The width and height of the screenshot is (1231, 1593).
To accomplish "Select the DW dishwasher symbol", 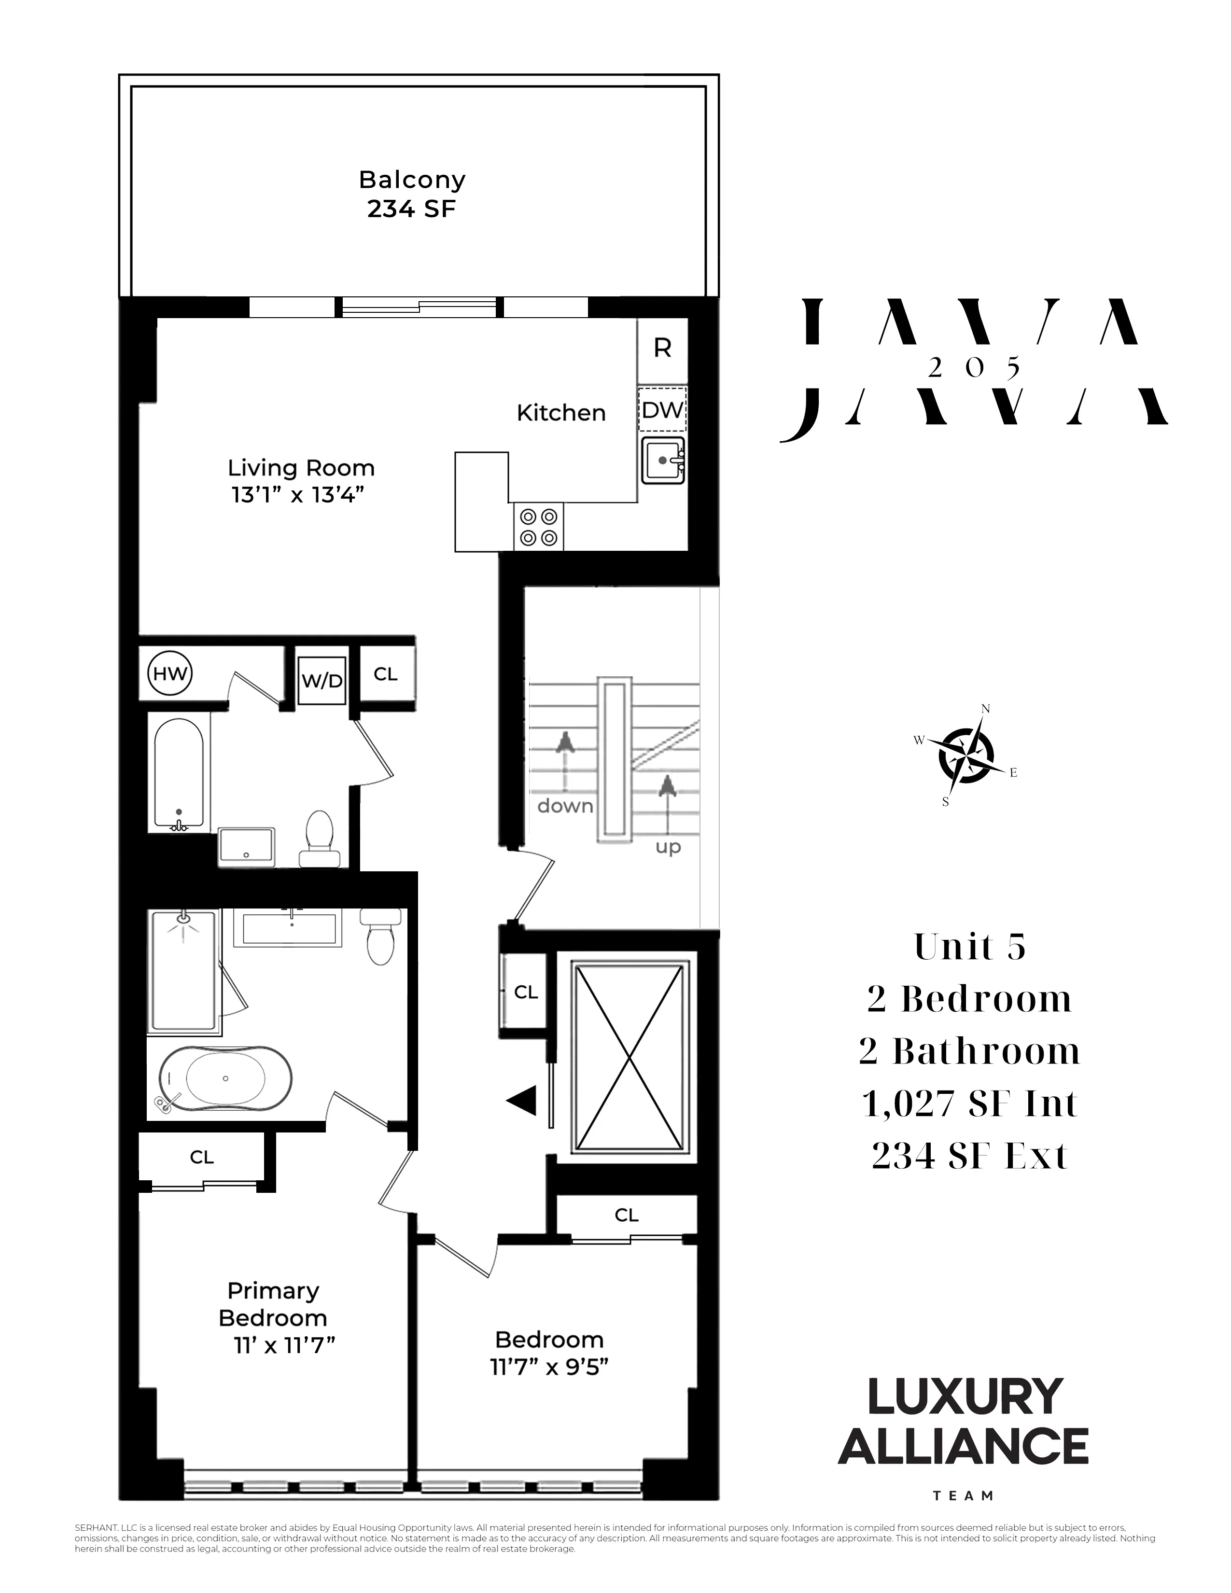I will coord(662,410).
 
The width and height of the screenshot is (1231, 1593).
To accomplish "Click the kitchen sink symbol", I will coord(663,460).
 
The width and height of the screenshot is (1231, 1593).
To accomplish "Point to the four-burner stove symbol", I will coord(538,527).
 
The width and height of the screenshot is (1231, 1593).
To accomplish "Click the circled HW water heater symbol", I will coord(170,673).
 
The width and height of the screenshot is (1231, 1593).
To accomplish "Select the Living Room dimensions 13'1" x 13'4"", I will coord(297,495).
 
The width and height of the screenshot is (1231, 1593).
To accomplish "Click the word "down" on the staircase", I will coord(565,806).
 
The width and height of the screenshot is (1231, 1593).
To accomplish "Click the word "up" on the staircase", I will coord(668,847).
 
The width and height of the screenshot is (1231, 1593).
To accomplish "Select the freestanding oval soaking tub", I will coord(225,1079).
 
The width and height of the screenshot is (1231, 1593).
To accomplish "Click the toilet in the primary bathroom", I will coord(380,938).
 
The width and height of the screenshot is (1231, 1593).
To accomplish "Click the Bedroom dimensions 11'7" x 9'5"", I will coord(549,1367).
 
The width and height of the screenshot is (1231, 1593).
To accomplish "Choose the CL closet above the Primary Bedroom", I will coord(202,1158).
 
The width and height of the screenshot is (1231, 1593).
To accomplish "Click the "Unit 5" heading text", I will coord(969,948).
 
